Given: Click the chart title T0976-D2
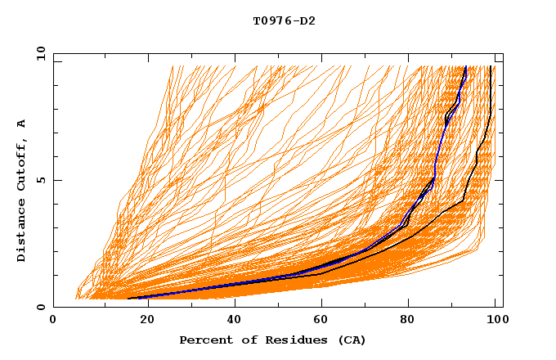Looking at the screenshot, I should coord(284,21).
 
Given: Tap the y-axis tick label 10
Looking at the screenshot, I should coord(39,53).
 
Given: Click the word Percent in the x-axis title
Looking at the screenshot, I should coord(205,340).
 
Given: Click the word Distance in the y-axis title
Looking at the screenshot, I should coord(22,234).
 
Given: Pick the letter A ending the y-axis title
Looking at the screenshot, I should coord(22,123).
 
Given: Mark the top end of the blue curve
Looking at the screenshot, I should coord(465,67).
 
